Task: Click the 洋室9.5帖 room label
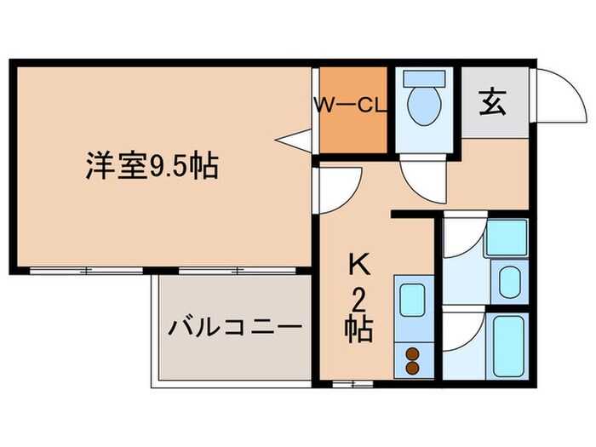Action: (152, 165)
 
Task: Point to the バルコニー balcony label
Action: (234, 327)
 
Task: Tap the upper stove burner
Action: (412, 353)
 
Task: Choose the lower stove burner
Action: (412, 367)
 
